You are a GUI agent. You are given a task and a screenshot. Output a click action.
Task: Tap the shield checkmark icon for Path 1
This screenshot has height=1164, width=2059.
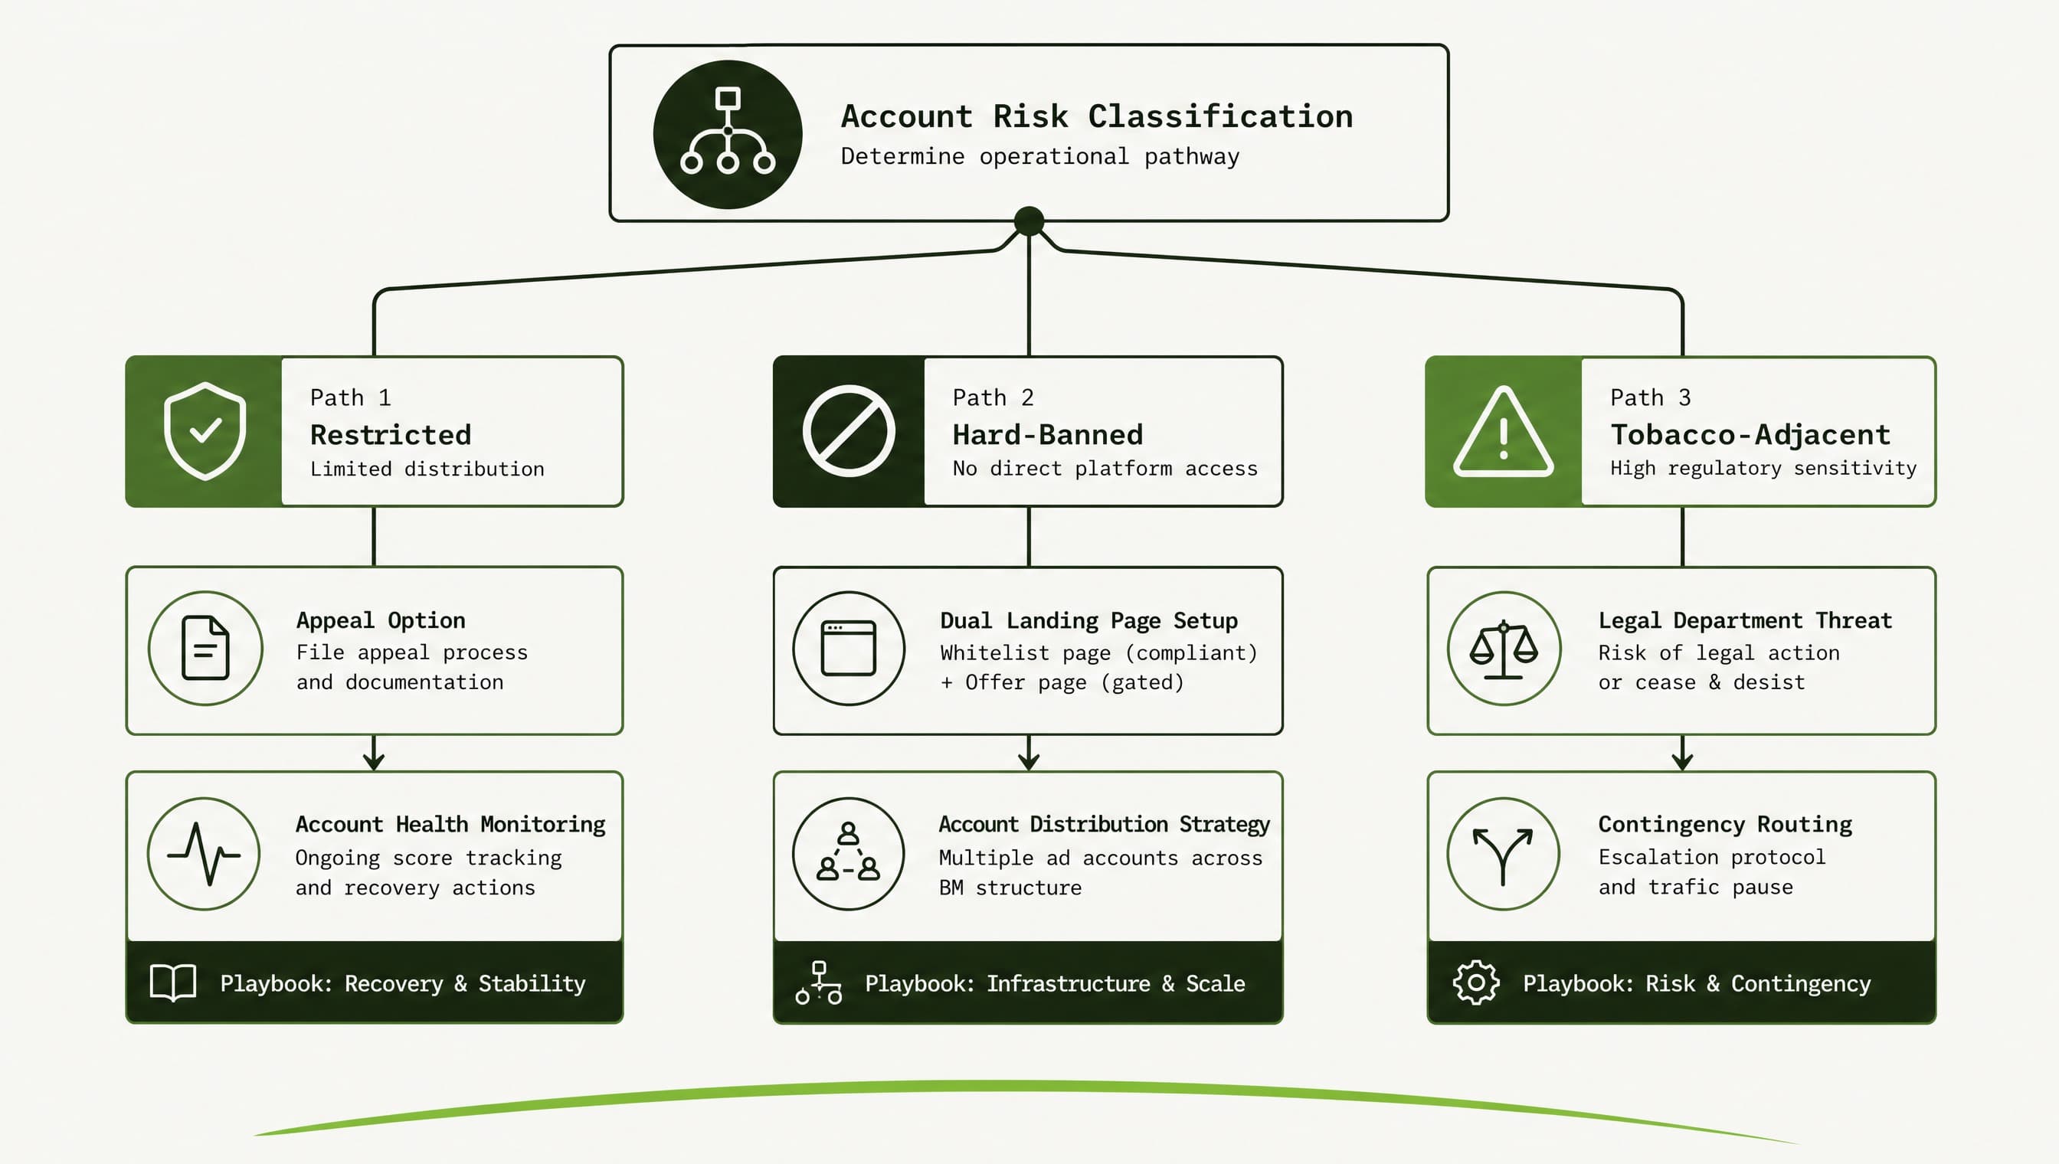(x=205, y=431)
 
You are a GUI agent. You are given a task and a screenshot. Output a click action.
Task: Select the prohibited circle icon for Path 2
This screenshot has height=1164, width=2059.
(x=849, y=431)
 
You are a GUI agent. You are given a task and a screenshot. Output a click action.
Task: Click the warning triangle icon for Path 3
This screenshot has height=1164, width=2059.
(x=1504, y=432)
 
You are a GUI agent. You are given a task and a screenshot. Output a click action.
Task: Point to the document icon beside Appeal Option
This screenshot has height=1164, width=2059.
(x=205, y=648)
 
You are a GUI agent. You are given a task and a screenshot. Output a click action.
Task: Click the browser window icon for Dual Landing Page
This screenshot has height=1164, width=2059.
(x=849, y=648)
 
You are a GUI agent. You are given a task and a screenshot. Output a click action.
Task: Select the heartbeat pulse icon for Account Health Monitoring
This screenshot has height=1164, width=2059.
(x=204, y=854)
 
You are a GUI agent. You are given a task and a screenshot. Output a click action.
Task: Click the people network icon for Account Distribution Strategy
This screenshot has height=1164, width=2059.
(x=848, y=852)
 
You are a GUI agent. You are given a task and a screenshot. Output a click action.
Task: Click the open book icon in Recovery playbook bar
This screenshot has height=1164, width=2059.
(x=172, y=983)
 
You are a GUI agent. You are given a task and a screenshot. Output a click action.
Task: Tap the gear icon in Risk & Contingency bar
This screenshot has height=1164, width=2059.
(x=1476, y=983)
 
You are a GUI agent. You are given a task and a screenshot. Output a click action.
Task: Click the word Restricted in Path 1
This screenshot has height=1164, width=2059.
(x=390, y=435)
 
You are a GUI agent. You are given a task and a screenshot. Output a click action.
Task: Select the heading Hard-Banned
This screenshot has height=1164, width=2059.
(x=1047, y=435)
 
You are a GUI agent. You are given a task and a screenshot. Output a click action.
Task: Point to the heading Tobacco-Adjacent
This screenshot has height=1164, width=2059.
(x=1750, y=435)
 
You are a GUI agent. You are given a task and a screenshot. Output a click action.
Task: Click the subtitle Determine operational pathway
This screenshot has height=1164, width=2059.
(x=1039, y=157)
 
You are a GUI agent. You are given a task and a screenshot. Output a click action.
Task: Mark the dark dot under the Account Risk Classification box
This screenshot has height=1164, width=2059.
(x=1028, y=221)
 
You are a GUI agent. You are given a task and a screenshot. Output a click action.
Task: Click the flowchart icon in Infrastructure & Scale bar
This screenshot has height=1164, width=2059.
(x=819, y=983)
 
